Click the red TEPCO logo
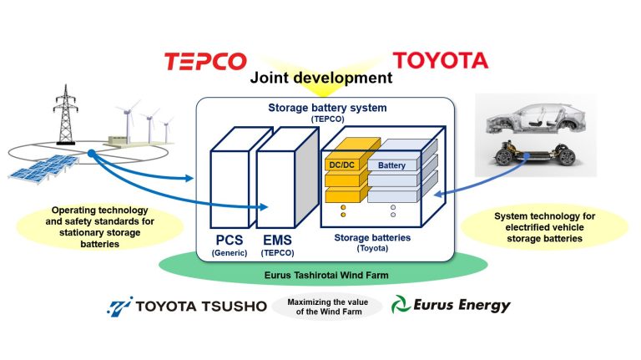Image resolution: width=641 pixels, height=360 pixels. [x=206, y=61]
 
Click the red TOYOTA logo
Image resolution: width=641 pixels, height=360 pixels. [x=440, y=61]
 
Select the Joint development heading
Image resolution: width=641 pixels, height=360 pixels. [x=321, y=79]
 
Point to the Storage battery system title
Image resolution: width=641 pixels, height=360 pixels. [x=321, y=109]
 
